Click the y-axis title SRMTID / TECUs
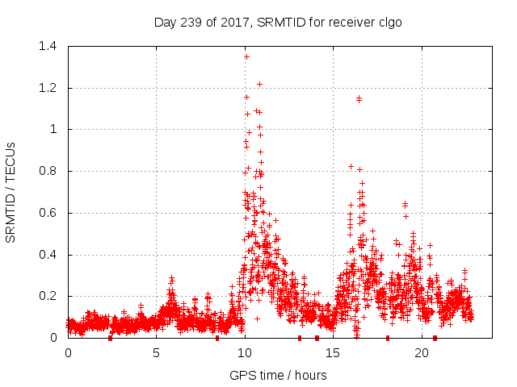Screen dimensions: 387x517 [x=11, y=192]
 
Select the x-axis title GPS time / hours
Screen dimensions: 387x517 [x=278, y=375]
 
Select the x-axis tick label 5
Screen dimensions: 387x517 [x=156, y=353]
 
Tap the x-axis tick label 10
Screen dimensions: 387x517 [x=244, y=353]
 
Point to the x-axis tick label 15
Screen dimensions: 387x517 [x=332, y=353]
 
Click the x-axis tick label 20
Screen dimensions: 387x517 [x=420, y=353]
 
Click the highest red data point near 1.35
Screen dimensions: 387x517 [x=246, y=56]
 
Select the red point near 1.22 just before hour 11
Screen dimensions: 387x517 [x=259, y=84]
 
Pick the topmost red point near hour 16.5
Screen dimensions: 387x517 [x=359, y=98]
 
